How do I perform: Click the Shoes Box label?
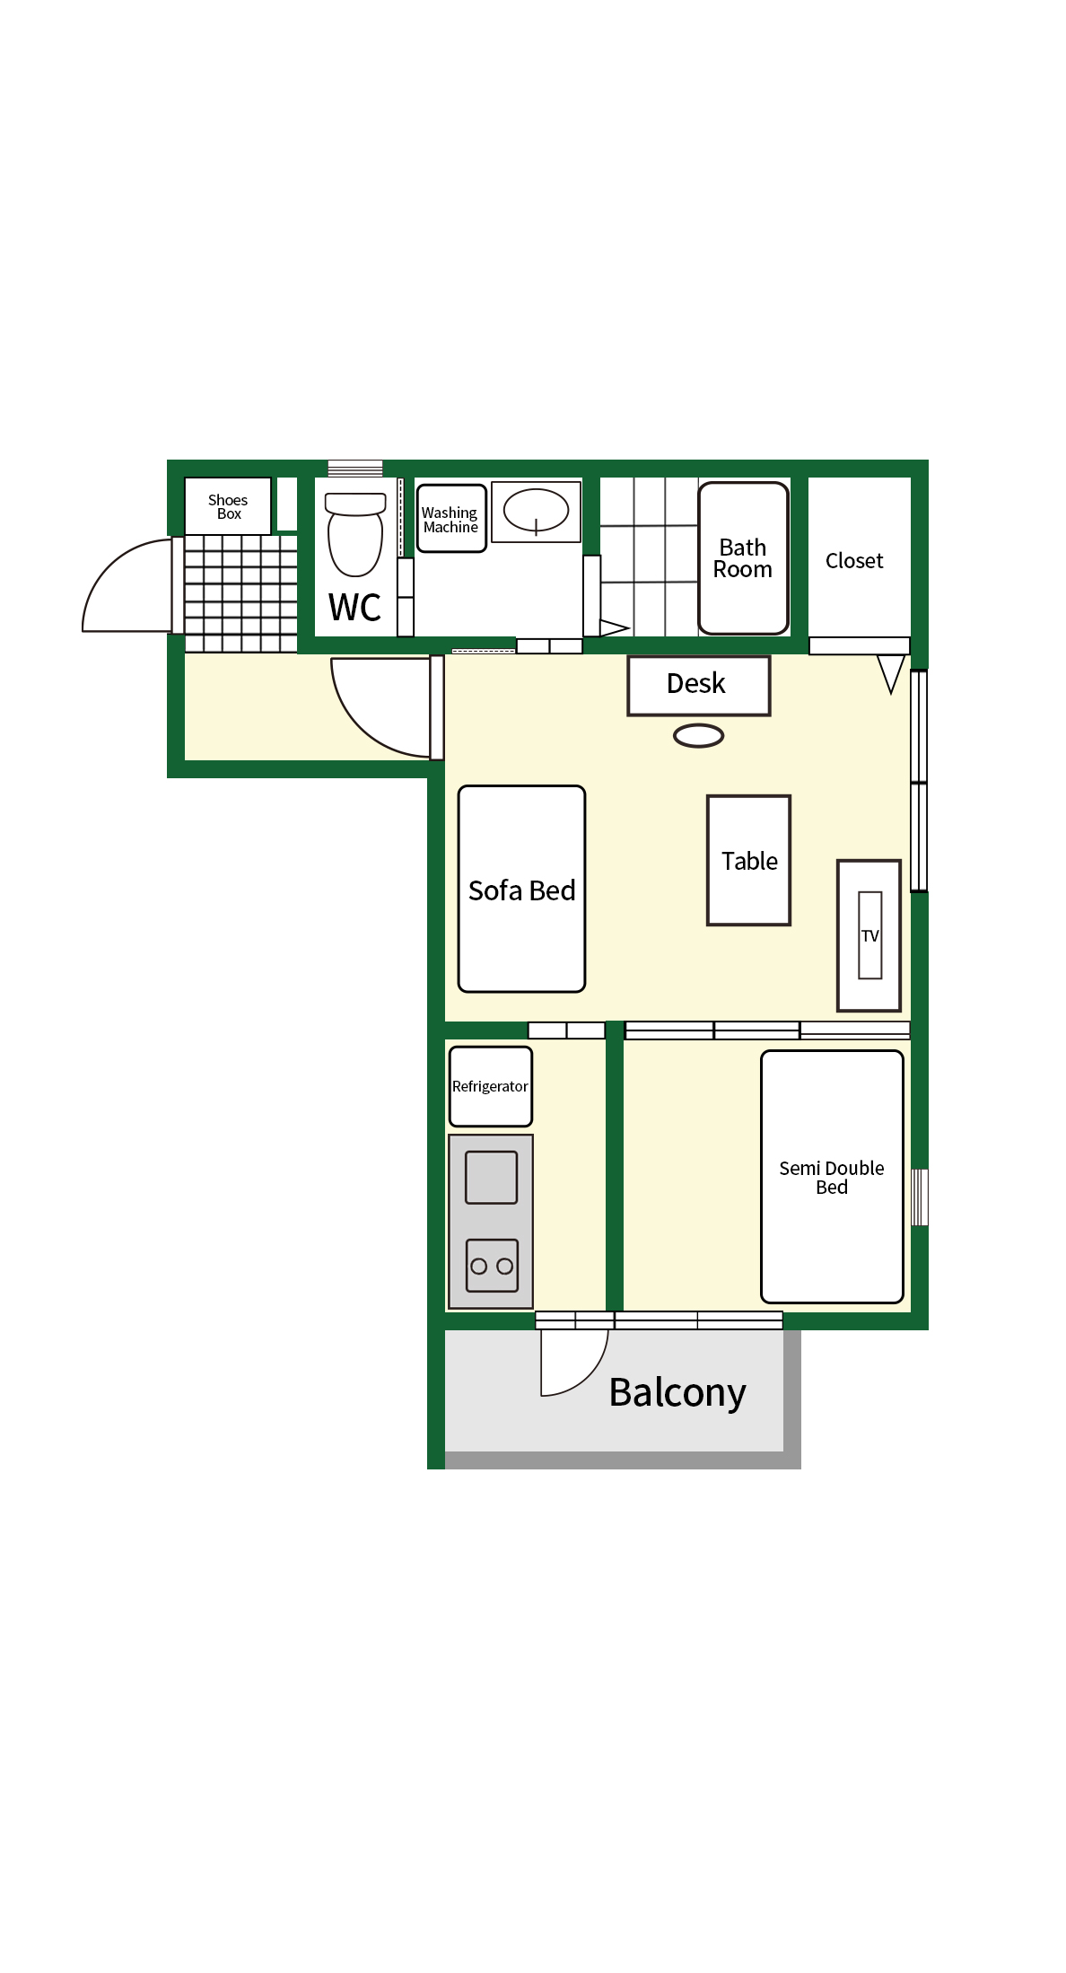[x=228, y=507]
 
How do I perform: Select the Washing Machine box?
[x=451, y=519]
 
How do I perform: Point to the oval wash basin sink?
[x=536, y=511]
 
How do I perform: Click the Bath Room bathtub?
[x=744, y=558]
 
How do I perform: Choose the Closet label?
[x=854, y=561]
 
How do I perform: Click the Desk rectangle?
[x=699, y=686]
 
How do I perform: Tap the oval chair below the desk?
[x=699, y=736]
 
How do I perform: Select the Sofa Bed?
[x=521, y=889]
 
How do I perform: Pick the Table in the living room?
[x=748, y=860]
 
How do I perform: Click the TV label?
[x=870, y=936]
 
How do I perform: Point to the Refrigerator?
[x=491, y=1086]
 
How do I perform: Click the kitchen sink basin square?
[x=492, y=1177]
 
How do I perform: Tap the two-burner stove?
[x=493, y=1266]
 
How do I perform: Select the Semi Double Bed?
[x=832, y=1177]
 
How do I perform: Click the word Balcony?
[x=677, y=1393]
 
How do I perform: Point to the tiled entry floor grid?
[x=240, y=593]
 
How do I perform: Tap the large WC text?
[x=355, y=608]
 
